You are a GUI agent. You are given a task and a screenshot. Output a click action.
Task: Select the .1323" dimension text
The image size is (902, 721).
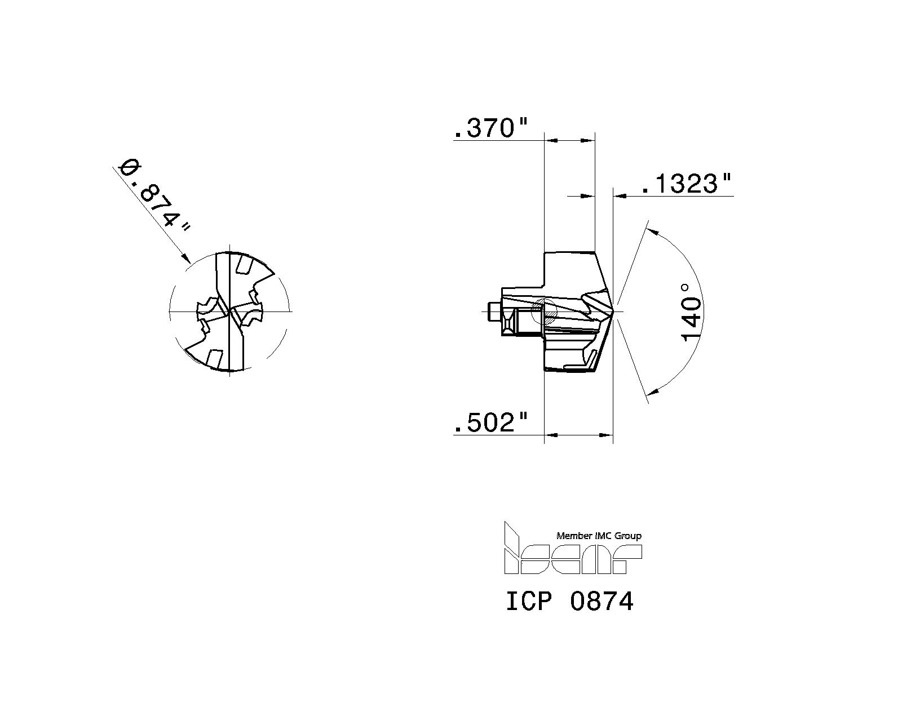click(x=686, y=184)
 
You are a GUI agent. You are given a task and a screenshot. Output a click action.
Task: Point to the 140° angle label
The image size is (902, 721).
click(x=692, y=311)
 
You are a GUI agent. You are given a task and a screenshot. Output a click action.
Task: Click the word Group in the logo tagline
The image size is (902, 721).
click(x=627, y=536)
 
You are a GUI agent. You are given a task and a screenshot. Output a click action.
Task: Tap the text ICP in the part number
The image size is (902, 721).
click(x=528, y=601)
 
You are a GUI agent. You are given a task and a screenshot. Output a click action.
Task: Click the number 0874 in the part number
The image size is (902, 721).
click(x=602, y=601)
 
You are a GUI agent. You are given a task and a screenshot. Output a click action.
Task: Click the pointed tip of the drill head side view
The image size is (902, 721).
click(x=613, y=311)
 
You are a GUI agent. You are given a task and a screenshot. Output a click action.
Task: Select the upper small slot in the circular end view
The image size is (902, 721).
click(x=244, y=264)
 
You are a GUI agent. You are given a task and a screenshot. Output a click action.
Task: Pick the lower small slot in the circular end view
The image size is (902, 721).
click(x=215, y=358)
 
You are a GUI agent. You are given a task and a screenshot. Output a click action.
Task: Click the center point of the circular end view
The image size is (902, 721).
click(x=229, y=311)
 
